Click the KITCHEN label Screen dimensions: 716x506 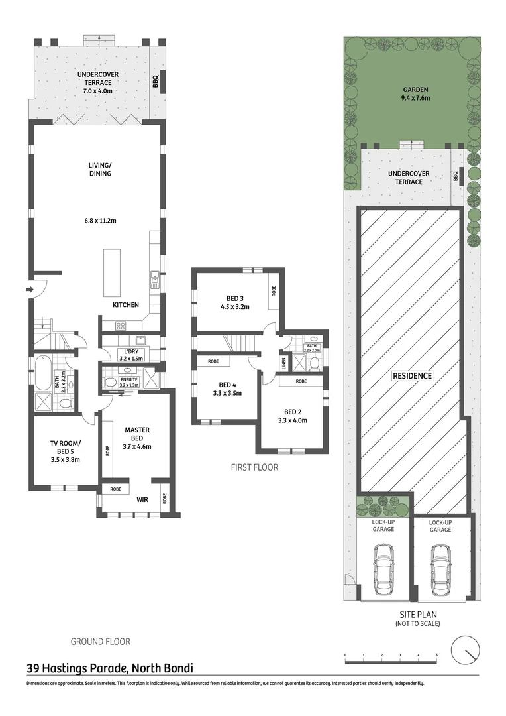(126, 305)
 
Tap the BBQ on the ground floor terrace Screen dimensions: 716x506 (156, 82)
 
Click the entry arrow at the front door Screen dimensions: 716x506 (30, 290)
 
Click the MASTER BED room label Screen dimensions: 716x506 (138, 434)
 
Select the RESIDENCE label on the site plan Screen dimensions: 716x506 (412, 376)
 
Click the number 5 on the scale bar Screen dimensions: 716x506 (436, 655)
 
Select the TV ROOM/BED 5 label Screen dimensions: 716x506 (65, 447)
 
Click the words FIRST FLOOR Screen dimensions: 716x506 (254, 467)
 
